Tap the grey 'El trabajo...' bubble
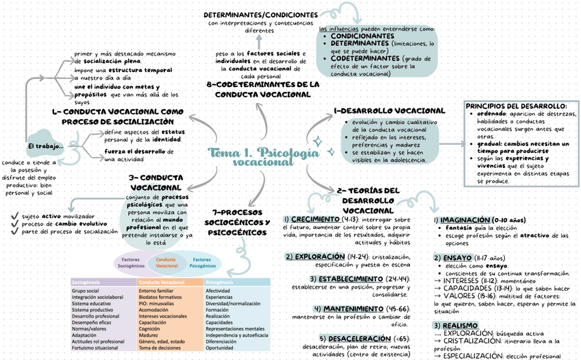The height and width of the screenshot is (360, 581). (46, 146)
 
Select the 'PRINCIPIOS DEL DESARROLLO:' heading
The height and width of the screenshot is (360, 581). (516, 106)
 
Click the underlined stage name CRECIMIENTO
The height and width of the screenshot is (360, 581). (320, 219)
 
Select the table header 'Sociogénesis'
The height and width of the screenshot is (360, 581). (87, 282)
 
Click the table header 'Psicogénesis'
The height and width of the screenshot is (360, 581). (219, 282)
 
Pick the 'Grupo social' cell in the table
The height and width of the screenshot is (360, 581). (85, 291)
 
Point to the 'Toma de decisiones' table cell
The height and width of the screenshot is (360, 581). (160, 348)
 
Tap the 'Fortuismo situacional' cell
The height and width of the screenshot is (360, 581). (97, 348)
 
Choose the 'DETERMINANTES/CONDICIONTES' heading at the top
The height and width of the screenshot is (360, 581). (261, 14)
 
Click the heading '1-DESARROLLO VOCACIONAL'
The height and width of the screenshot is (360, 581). (389, 110)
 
